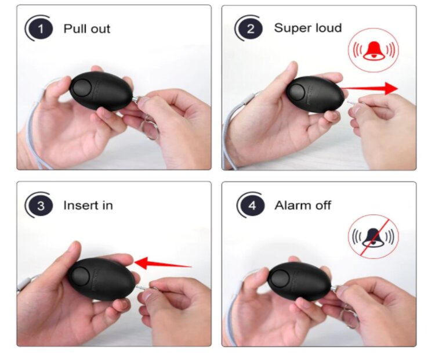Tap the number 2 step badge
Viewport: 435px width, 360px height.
[x=251, y=28]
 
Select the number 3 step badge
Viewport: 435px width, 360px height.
[x=41, y=206]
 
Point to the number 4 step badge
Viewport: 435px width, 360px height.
[x=252, y=206]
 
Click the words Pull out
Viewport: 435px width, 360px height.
[x=87, y=28]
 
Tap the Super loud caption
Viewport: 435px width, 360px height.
[x=307, y=28]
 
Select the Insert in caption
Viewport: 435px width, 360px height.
[x=88, y=206]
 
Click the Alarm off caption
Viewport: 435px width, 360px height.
[x=303, y=206]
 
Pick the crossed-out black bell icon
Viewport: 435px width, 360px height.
[x=374, y=237]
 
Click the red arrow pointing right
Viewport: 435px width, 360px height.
[x=369, y=88]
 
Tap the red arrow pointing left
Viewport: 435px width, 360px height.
[x=163, y=264]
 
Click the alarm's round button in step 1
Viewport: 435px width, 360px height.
[x=81, y=88]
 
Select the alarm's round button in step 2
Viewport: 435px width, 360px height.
[x=297, y=93]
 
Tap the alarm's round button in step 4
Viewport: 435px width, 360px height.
[x=281, y=279]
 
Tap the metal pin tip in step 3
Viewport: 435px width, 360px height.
[x=136, y=287]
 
